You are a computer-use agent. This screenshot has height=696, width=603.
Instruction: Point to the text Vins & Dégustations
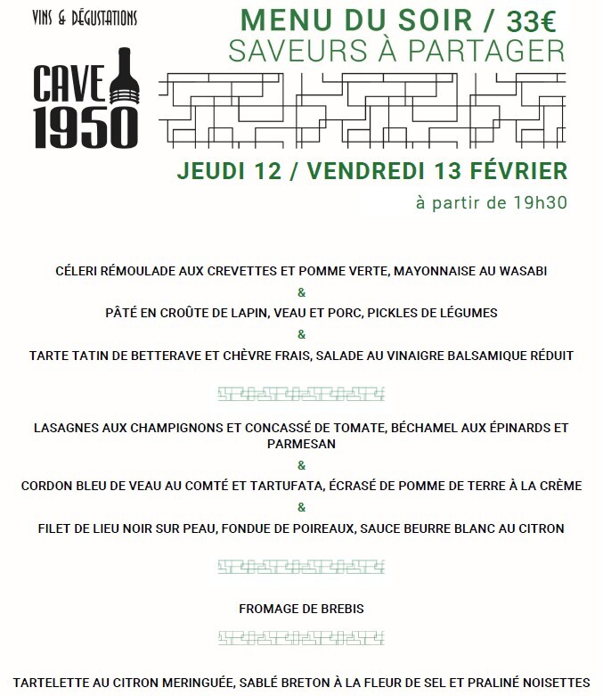coord(84,18)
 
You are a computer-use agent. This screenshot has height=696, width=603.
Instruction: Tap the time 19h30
coord(540,202)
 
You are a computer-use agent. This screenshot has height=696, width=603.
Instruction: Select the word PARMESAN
coord(301,443)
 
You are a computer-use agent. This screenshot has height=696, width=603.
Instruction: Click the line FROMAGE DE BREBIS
coord(301,609)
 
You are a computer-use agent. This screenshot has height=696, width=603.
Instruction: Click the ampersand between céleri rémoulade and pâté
coord(301,292)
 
